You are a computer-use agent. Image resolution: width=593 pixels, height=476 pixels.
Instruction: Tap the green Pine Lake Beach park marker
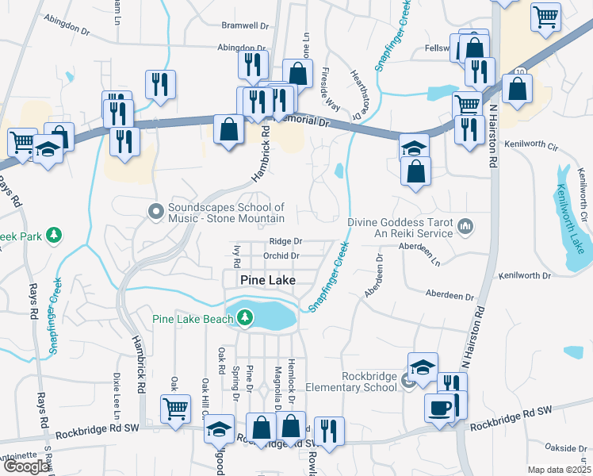[245, 319]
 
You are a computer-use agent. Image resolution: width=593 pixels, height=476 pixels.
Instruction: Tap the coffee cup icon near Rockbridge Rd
[439, 409]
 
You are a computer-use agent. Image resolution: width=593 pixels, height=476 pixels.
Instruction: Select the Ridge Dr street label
[285, 241]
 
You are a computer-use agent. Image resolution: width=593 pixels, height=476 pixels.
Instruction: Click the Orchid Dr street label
[281, 256]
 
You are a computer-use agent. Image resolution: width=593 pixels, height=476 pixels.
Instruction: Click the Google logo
[26, 466]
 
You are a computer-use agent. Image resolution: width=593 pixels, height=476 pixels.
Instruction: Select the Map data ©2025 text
[560, 470]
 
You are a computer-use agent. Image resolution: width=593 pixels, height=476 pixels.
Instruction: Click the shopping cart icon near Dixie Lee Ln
[175, 409]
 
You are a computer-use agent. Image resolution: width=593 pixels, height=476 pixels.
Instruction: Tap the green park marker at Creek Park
[54, 235]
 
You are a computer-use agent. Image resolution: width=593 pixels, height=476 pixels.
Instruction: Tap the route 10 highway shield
[518, 71]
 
